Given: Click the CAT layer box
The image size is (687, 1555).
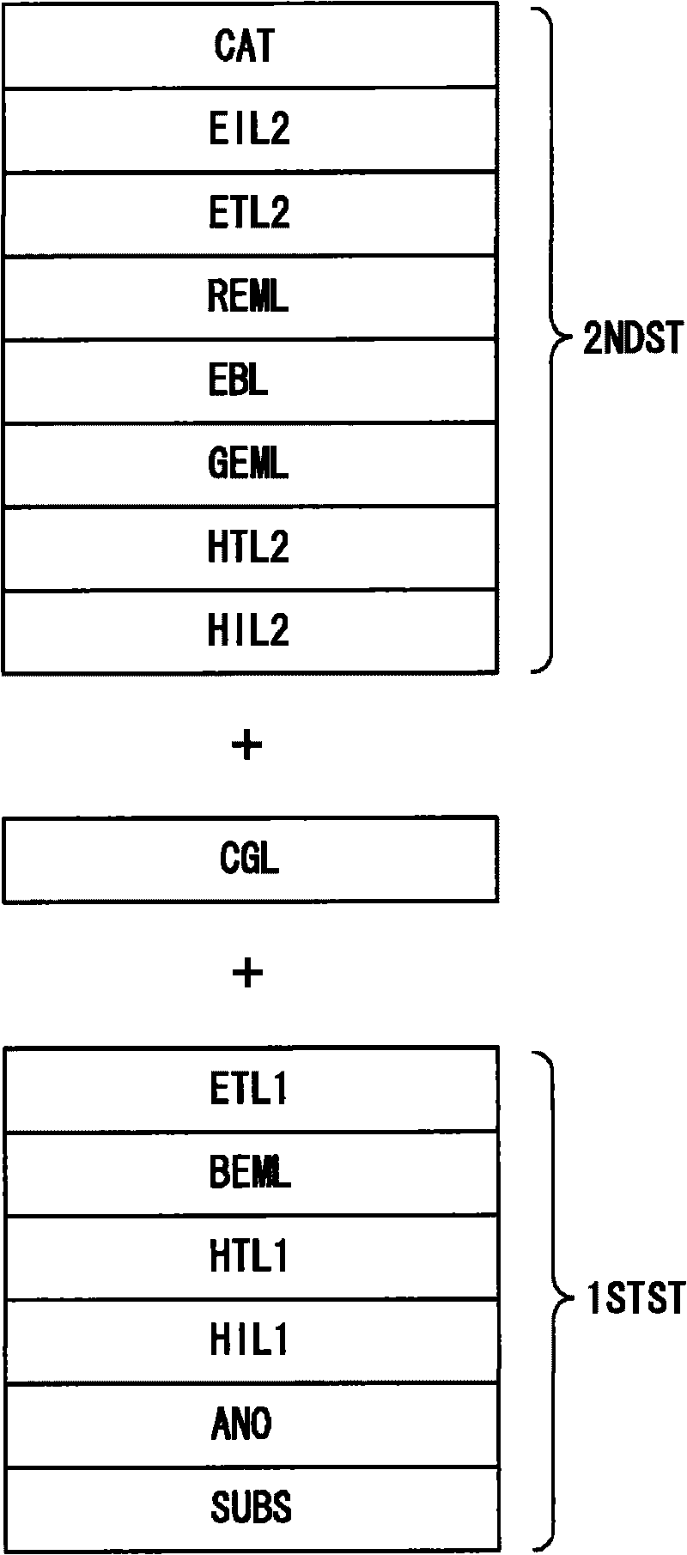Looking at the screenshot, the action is coord(249,45).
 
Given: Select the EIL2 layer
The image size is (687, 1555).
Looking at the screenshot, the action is coord(249,129).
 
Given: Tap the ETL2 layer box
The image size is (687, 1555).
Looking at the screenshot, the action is coord(249,212).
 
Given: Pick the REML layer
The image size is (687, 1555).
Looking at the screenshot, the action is coord(249,296).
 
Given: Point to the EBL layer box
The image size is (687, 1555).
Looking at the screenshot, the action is coord(249,380).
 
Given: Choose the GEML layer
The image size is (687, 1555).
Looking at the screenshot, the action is coord(249,464).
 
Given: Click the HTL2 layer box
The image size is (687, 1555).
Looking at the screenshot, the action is coord(249,547).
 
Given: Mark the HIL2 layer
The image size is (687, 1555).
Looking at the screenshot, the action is coord(249,631).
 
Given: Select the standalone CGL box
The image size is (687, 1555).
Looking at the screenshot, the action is coord(249,859).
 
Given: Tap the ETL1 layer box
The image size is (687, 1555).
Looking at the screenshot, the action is coord(249,1089).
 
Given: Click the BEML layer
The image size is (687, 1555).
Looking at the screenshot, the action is coord(249,1172).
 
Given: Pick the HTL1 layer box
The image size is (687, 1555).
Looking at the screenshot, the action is coord(249,1256).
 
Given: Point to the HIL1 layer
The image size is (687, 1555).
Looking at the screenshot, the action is coord(249,1339).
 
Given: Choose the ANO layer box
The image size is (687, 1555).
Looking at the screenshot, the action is coord(249,1424).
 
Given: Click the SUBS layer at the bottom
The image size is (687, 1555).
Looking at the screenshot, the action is coord(249,1507).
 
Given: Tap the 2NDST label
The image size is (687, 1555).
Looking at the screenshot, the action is coord(632,339).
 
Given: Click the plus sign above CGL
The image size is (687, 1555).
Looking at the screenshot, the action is coord(247,745).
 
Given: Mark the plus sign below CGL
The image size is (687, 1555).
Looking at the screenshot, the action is coord(247,973).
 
